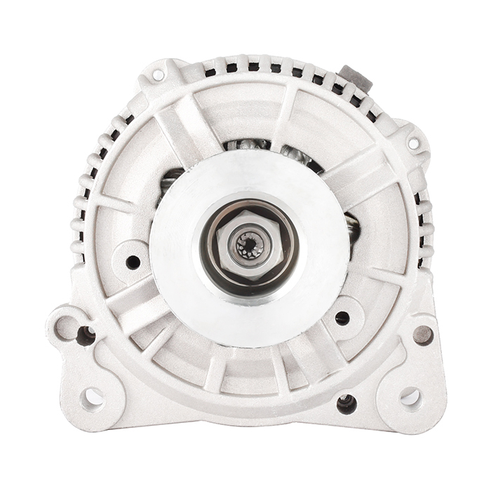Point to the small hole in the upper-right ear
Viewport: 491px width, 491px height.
click(413, 143)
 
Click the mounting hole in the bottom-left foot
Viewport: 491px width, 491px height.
click(92, 398)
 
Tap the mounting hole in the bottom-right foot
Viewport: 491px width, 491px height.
click(410, 397)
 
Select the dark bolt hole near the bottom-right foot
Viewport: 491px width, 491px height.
click(347, 403)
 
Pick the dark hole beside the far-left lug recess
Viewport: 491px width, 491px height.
click(87, 335)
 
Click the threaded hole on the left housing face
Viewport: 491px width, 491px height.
click(133, 262)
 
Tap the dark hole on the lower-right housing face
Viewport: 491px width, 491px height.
click(342, 318)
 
